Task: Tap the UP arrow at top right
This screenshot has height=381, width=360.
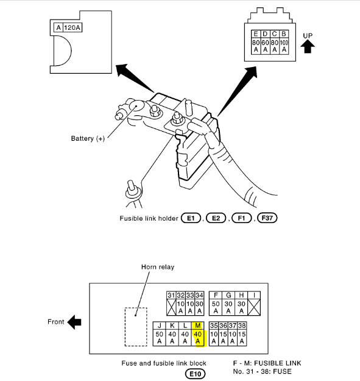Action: pyautogui.click(x=308, y=46)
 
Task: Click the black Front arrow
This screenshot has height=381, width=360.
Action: pyautogui.click(x=74, y=322)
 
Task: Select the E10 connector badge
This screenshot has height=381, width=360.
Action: pyautogui.click(x=196, y=374)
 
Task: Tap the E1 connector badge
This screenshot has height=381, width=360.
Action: pyautogui.click(x=191, y=218)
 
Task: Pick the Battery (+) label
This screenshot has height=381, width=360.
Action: pyautogui.click(x=88, y=138)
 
